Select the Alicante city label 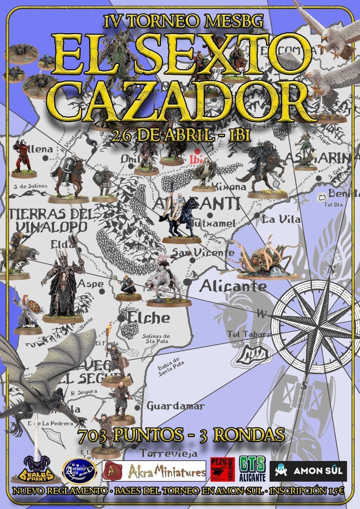click(x=234, y=286)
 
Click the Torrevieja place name click(x=169, y=452)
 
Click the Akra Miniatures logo click(x=154, y=471)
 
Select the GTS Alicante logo click(x=252, y=469)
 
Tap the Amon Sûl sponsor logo click(x=308, y=471)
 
